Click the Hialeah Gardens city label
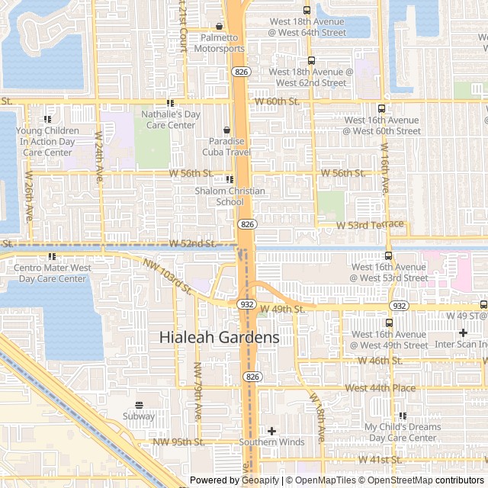[x=219, y=337]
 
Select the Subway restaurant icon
[x=139, y=405]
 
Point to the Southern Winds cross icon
[x=271, y=432]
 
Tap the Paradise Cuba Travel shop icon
[x=226, y=130]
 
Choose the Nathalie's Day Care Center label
[x=171, y=120]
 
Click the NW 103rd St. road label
[x=166, y=275]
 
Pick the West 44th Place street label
[x=380, y=388]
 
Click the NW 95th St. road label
[x=178, y=441]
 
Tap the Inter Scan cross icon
[x=463, y=333]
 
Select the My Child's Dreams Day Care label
[x=402, y=432]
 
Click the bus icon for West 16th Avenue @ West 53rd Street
[x=389, y=256]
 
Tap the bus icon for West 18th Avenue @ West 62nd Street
[x=311, y=61]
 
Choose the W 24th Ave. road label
[x=99, y=156]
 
